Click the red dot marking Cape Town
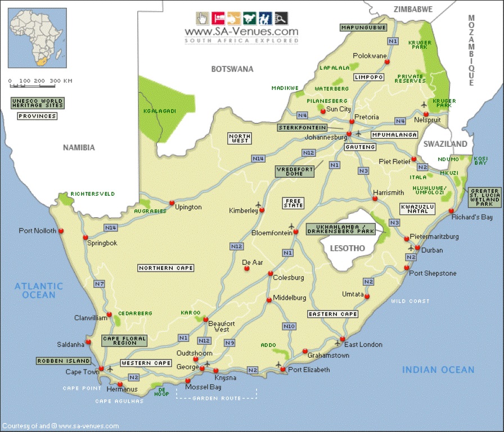click(x=101, y=369)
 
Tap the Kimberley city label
click(x=243, y=210)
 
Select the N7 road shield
click(x=100, y=284)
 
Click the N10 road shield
click(x=289, y=326)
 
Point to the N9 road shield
click(x=229, y=343)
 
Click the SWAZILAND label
click(x=445, y=144)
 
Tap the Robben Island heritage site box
click(x=63, y=361)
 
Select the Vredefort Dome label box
click(x=294, y=171)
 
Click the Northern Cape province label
click(x=165, y=268)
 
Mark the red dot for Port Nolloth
click(x=61, y=231)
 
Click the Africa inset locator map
click(x=37, y=38)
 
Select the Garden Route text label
click(x=217, y=398)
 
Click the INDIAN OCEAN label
click(x=438, y=370)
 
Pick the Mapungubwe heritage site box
click(x=363, y=27)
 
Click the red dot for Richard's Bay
click(x=452, y=211)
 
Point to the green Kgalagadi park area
click(x=157, y=110)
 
